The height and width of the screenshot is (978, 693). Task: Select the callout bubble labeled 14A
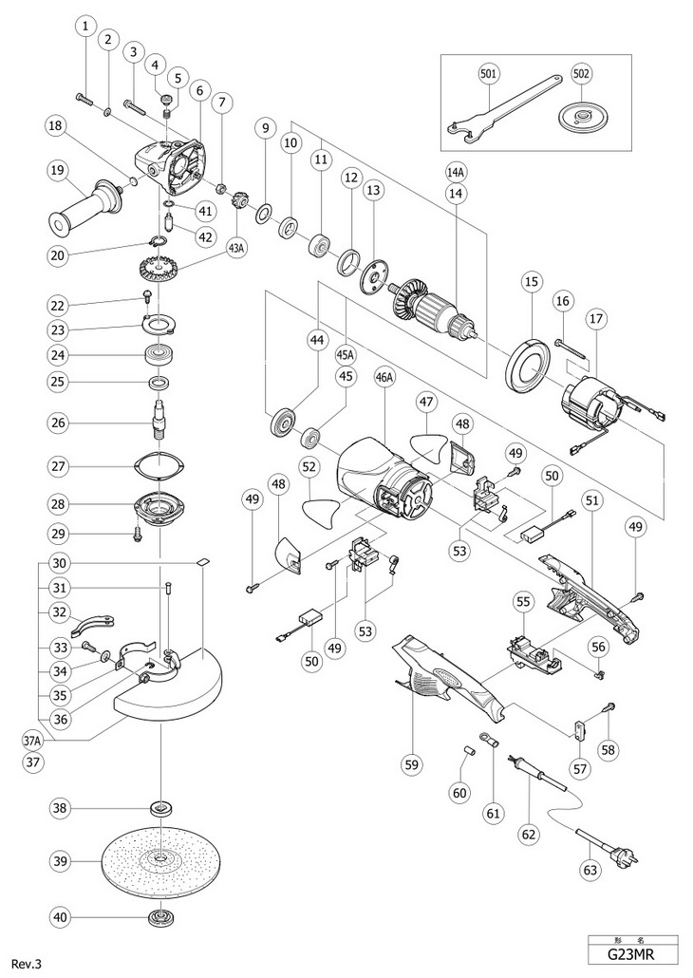(457, 172)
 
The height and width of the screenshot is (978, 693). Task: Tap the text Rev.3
(26, 964)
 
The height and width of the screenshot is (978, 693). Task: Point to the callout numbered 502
(582, 72)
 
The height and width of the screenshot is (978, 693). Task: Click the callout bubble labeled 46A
(384, 377)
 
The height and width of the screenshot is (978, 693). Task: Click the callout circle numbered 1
(86, 27)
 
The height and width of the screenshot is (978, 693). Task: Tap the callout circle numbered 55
(521, 601)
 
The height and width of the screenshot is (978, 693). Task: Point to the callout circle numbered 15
(530, 281)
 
